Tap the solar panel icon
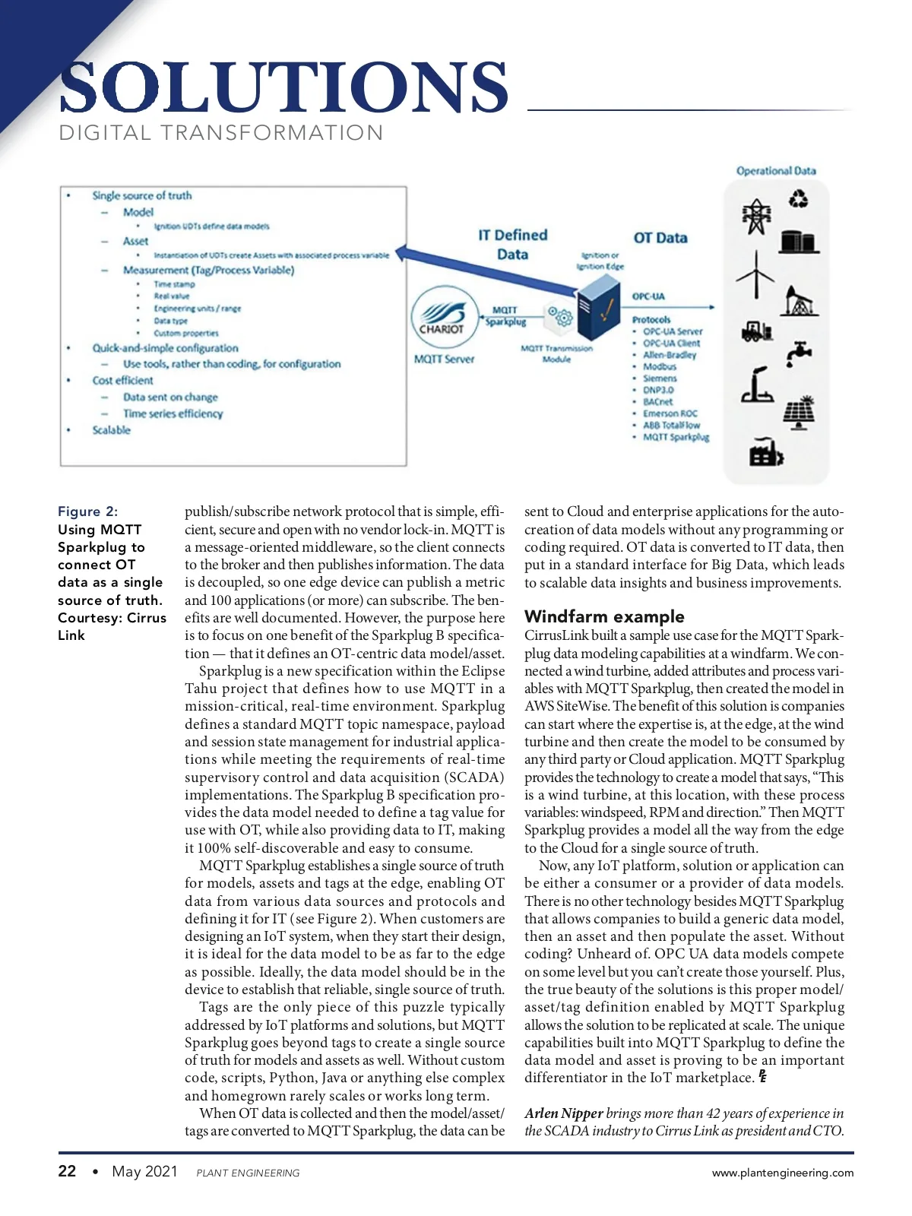799,413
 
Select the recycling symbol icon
798,199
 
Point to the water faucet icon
799,352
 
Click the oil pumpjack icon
798,301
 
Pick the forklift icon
757,331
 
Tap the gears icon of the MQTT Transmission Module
560,315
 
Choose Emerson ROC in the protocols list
670,413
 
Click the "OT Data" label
660,238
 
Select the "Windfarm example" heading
604,616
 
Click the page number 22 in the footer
67,1171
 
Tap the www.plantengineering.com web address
782,1173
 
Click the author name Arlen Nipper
563,1113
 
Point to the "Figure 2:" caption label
87,511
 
